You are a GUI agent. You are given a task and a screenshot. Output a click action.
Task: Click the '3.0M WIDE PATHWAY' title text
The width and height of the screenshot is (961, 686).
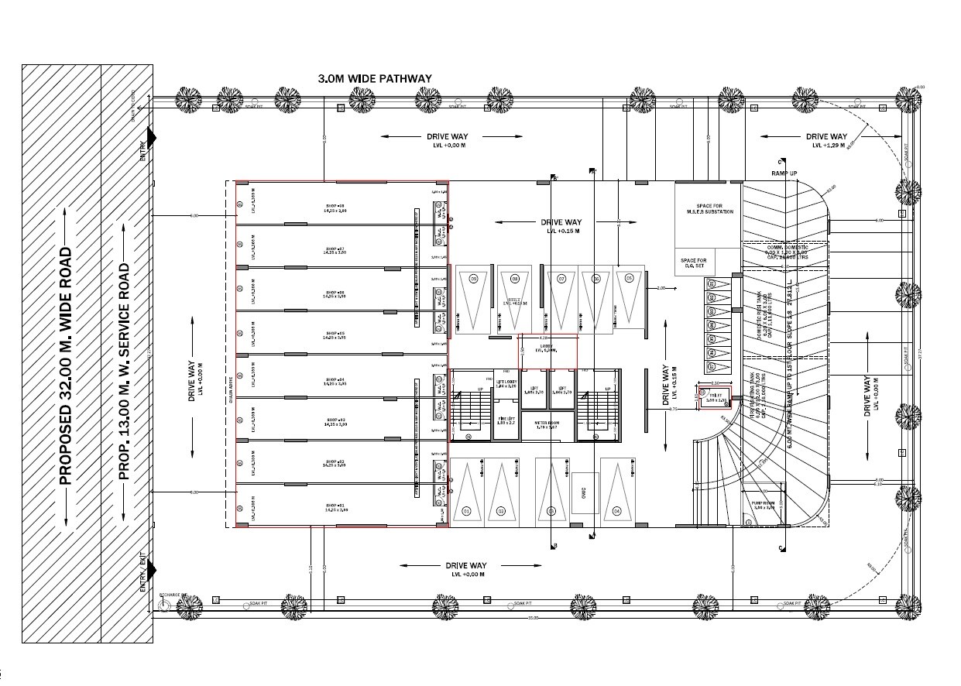[x=375, y=79]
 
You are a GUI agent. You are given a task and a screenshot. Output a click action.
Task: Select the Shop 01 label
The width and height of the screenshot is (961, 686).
[x=335, y=507]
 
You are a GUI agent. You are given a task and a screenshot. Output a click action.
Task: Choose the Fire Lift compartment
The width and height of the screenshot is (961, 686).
[x=506, y=423]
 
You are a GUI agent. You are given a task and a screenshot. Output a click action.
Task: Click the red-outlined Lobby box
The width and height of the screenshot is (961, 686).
[x=547, y=352]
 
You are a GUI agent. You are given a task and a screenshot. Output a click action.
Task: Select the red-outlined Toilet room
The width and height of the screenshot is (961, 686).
[x=715, y=398]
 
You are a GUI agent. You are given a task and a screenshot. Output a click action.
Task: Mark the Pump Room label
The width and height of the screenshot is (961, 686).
[x=763, y=506]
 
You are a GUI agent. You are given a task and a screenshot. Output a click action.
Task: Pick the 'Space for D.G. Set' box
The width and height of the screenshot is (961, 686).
[x=693, y=264]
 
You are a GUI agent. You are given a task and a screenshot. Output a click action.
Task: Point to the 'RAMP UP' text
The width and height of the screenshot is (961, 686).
[x=783, y=173]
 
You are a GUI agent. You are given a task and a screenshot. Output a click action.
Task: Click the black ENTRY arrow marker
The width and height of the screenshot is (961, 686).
[x=151, y=138]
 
